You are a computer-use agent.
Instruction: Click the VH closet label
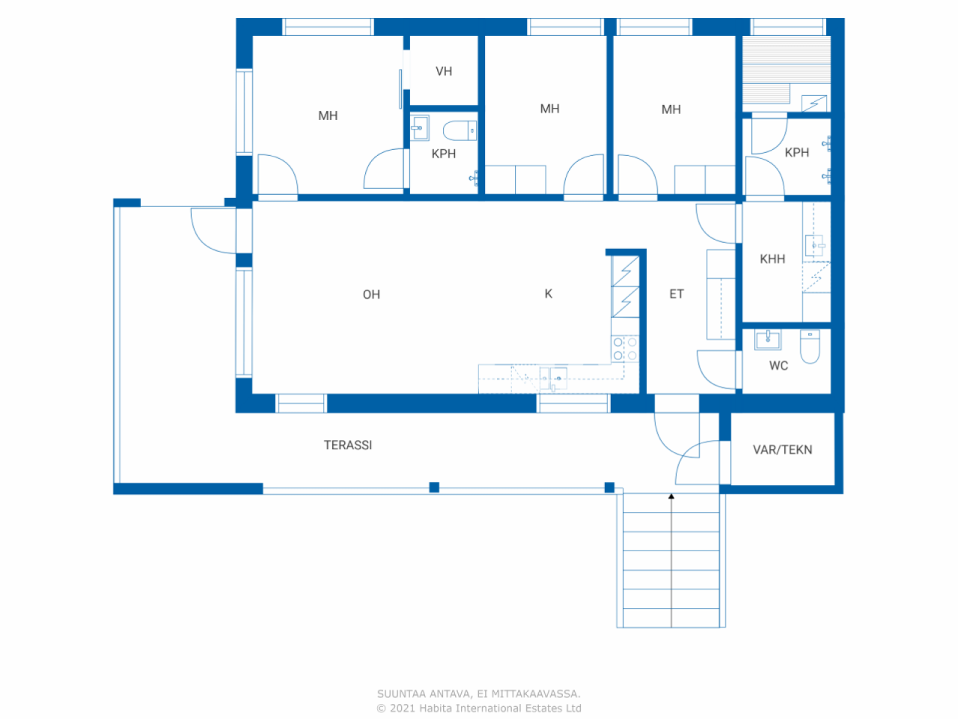pos(444,71)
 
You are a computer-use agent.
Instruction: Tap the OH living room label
pos(371,294)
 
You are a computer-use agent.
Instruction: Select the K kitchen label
pos(549,294)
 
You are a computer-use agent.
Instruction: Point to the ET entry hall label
pos(677,294)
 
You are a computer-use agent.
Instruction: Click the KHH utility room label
pos(772,259)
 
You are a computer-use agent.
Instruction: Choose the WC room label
pos(778,365)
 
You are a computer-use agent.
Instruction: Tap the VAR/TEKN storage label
pos(782,449)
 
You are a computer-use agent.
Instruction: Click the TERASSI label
pos(348,445)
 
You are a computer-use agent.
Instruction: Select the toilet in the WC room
pos(810,346)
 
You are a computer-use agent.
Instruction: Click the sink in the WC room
pos(768,340)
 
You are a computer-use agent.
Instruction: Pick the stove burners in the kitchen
pos(625,349)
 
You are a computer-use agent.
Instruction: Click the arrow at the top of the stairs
pos(671,496)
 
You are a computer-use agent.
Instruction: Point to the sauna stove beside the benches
pos(814,103)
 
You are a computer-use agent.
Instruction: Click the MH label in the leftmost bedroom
pos(328,115)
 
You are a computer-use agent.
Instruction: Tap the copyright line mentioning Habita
pos(479,708)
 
